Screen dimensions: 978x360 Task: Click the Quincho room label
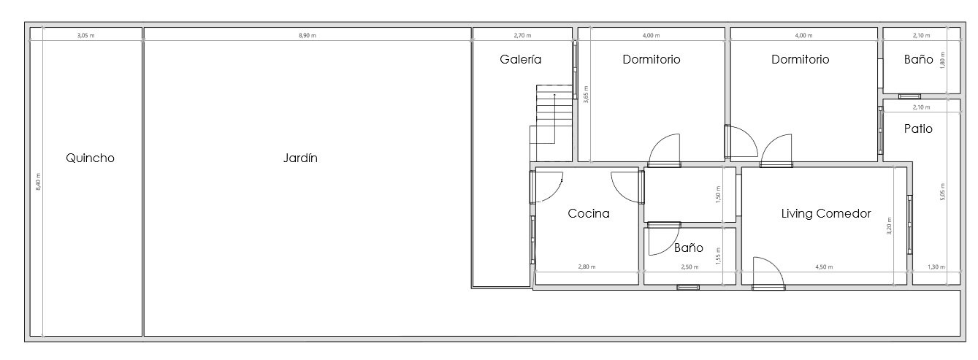pos(90,158)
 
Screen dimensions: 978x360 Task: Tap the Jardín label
pos(300,158)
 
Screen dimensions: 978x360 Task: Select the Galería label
pos(521,59)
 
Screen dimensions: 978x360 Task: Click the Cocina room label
pos(588,213)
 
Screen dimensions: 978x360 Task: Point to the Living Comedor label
pos(825,213)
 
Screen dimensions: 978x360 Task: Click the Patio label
pos(918,129)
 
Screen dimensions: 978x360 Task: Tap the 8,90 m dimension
pos(307,35)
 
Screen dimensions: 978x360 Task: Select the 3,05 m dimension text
pos(86,35)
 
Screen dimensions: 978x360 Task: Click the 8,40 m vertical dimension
pos(39,182)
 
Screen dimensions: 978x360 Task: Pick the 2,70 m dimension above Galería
pos(522,35)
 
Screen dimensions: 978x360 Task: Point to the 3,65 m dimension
pos(586,94)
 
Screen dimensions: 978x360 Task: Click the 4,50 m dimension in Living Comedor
pos(824,267)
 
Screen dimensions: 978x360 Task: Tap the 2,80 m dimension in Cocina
pos(587,267)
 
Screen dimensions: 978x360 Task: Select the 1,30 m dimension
pos(936,267)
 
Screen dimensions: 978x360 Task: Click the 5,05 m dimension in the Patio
pos(942,191)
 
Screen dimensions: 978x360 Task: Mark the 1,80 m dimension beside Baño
pos(942,60)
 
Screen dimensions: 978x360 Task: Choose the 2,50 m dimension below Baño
pos(689,267)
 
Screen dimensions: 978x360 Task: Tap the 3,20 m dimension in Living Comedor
pos(890,226)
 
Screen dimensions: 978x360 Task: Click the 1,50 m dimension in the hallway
pos(718,195)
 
